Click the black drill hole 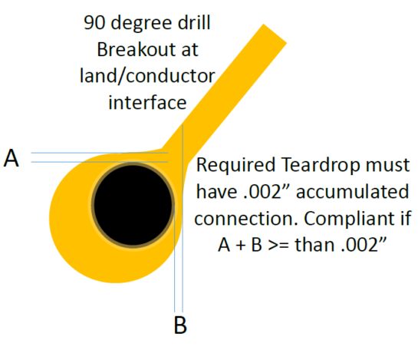click(133, 205)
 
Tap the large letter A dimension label click(12, 158)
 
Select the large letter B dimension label click(180, 325)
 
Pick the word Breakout click(137, 49)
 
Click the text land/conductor click(147, 76)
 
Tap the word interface click(147, 102)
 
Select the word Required click(235, 166)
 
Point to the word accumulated click(352, 192)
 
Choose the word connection click(246, 219)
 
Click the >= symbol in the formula click(278, 245)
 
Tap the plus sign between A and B click(241, 245)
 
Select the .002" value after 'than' click(364, 244)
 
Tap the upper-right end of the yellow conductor click(275, 33)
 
